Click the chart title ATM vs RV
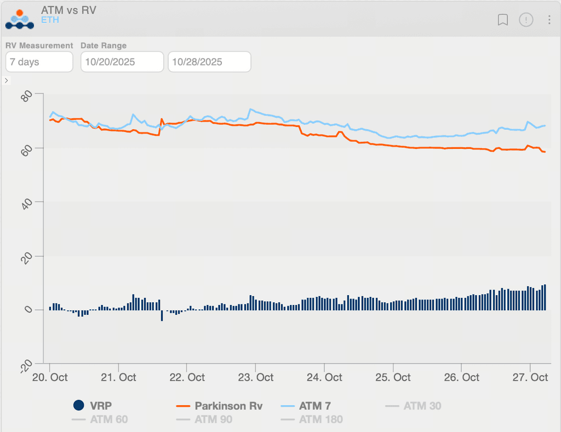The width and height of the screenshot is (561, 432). [68, 10]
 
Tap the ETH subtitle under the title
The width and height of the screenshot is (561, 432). [50, 20]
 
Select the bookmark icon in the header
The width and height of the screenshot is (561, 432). [503, 20]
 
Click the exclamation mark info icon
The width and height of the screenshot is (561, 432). [526, 20]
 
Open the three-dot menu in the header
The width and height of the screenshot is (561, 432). [549, 20]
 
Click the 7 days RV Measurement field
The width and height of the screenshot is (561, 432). [39, 62]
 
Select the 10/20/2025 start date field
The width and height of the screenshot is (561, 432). [122, 62]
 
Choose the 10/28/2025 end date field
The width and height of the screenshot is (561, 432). [209, 62]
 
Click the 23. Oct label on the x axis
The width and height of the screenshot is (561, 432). [255, 377]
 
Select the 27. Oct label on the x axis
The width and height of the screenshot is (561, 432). [530, 377]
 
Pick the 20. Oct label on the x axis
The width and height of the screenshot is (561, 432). [50, 377]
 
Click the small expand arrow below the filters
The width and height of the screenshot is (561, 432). [7, 80]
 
